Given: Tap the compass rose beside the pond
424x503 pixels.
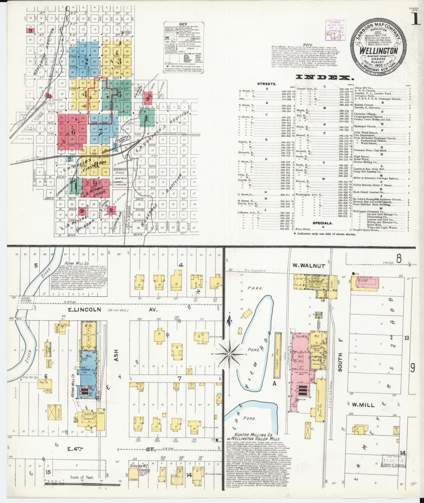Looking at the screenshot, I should pyautogui.click(x=229, y=354).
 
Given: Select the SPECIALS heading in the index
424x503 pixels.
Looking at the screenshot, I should pyautogui.click(x=323, y=223).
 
